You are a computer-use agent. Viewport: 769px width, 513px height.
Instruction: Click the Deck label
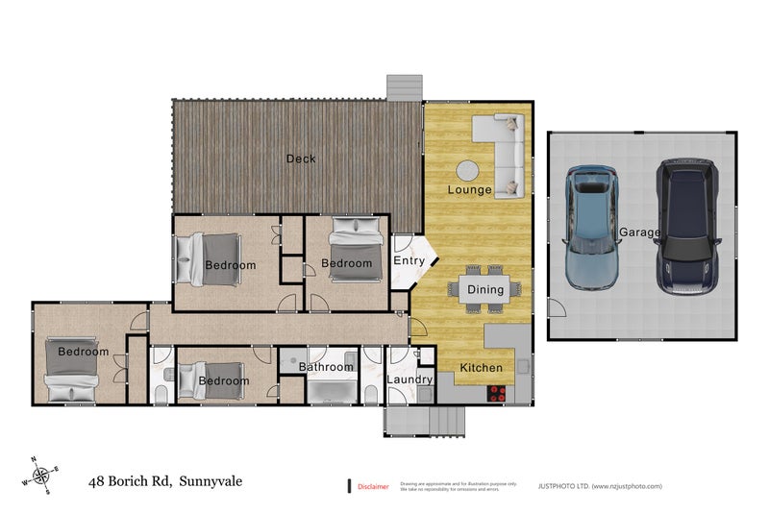[301, 159]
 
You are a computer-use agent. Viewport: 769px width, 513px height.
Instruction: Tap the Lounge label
[469, 190]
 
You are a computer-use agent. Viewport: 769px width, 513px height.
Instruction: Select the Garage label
[639, 232]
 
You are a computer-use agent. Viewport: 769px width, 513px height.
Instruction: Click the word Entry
[409, 260]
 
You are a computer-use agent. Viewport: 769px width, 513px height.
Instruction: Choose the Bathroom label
[326, 367]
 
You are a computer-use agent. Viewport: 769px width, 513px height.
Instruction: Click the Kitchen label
[481, 369]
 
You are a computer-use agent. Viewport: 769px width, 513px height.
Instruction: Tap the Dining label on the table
[485, 289]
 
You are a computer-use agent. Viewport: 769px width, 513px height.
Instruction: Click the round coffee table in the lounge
[468, 170]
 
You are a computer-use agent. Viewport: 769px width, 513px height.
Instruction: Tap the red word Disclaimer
[373, 487]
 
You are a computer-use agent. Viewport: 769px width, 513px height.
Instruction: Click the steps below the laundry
[425, 421]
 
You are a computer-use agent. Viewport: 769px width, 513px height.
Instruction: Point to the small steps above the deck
[405, 86]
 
